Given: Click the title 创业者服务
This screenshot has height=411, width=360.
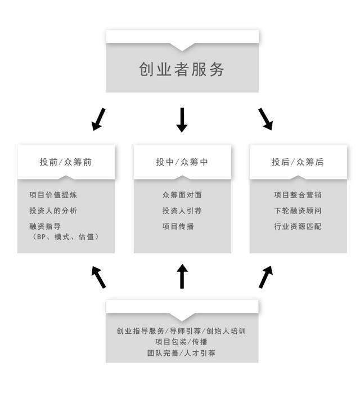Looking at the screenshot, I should (182, 69).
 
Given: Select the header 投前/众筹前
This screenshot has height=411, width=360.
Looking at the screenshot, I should (66, 162).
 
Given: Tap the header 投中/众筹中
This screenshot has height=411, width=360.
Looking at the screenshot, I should (182, 162).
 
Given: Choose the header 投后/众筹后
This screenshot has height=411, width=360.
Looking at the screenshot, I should (298, 162).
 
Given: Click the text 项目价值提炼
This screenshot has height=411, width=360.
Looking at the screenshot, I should (53, 195).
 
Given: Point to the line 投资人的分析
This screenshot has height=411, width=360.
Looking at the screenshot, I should (53, 211).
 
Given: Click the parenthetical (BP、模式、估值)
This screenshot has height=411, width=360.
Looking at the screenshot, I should (66, 237).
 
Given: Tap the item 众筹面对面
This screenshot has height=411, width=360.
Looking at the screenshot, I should (182, 195).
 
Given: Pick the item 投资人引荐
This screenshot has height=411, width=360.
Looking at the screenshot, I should (182, 211).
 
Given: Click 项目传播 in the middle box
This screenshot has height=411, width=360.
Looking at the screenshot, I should (178, 226).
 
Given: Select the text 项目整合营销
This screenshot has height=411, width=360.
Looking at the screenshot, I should (298, 195).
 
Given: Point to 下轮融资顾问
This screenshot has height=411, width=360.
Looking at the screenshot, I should (298, 211).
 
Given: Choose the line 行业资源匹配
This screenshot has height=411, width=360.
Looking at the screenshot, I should (298, 226).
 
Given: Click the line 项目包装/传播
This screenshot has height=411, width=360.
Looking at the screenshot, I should (182, 342).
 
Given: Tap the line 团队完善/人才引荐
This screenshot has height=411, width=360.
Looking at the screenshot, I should (182, 353).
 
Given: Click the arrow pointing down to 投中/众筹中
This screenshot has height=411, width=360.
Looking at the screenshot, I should (182, 120).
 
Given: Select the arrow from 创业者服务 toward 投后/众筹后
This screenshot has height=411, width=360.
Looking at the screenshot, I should (265, 119).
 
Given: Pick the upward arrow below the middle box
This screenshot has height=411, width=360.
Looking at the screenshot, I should (182, 276).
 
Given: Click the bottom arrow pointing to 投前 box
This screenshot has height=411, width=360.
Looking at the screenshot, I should (98, 277).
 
